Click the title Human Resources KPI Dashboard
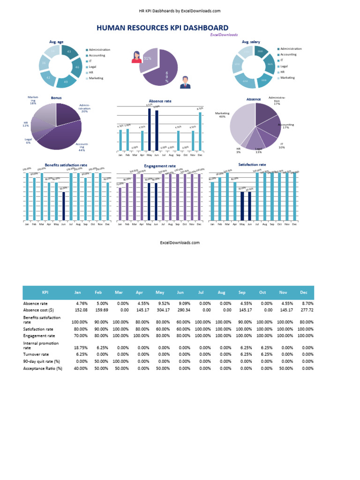[162, 28]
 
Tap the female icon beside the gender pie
[136, 57]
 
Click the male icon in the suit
[185, 82]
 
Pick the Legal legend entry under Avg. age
[92, 67]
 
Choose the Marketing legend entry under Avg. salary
[287, 78]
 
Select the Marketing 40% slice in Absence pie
[241, 124]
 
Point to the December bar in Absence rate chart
[200, 131]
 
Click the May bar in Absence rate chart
[150, 130]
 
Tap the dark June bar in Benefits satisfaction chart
[64, 206]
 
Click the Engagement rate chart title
[160, 166]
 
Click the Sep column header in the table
[242, 292]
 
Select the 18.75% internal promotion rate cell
[79, 347]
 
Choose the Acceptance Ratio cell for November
[284, 368]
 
